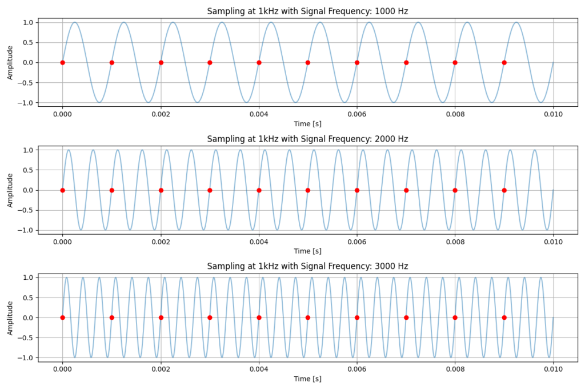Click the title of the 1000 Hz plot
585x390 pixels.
click(307, 11)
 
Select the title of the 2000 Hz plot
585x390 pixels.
click(307, 139)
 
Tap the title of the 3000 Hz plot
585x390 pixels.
click(307, 266)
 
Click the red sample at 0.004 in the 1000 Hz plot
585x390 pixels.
click(259, 62)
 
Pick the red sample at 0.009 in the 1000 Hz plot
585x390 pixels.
click(504, 62)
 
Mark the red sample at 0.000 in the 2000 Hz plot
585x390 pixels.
click(62, 190)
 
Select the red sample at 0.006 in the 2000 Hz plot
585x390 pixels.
click(357, 190)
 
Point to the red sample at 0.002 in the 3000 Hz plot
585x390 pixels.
click(161, 317)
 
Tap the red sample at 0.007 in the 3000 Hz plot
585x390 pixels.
click(406, 317)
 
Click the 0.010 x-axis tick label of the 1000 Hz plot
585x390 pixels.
click(553, 114)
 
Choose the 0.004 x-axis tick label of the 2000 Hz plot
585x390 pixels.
click(259, 242)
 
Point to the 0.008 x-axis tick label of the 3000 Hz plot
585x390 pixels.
click(455, 369)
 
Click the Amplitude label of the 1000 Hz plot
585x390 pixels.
click(10, 62)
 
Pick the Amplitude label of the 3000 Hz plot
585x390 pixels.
click(10, 317)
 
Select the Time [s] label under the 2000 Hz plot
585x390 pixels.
click(307, 251)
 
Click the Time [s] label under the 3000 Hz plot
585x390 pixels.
click(307, 379)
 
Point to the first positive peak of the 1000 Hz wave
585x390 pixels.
click(74, 22)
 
